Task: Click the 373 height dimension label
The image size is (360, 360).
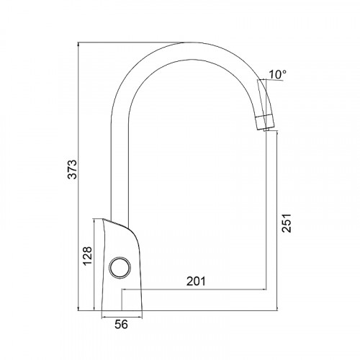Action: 72,169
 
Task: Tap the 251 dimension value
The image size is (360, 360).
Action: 287,222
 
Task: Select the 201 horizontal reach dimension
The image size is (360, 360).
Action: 196,281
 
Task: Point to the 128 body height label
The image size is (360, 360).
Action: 88,256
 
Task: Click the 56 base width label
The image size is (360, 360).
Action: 121,325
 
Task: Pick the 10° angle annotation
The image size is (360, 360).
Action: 277,75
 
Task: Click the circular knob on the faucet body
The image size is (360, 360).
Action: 120,268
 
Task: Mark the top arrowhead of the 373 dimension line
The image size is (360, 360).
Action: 78,44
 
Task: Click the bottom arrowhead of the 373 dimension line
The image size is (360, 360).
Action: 78,308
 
